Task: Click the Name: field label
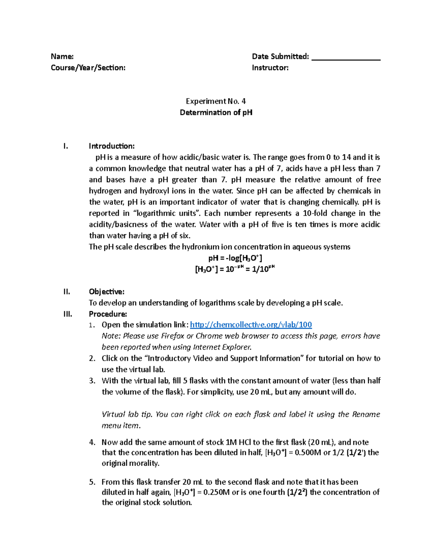coord(62,56)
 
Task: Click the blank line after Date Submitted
coord(346,58)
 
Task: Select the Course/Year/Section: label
coord(88,67)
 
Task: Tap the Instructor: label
coord(270,67)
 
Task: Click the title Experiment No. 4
coord(216,101)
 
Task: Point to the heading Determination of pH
coord(216,112)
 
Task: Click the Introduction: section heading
coord(112,146)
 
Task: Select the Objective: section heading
coord(107,291)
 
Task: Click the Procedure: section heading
coord(108,314)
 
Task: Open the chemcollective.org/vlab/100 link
coord(251,325)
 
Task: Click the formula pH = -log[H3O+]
coord(235,258)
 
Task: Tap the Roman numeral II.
coord(67,291)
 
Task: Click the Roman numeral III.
coord(68,314)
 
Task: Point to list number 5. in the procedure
coord(92,482)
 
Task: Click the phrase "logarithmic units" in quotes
coord(169,213)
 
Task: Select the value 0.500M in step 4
coord(308,453)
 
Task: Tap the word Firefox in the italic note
coord(172,336)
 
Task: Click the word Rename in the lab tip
coord(366,414)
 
